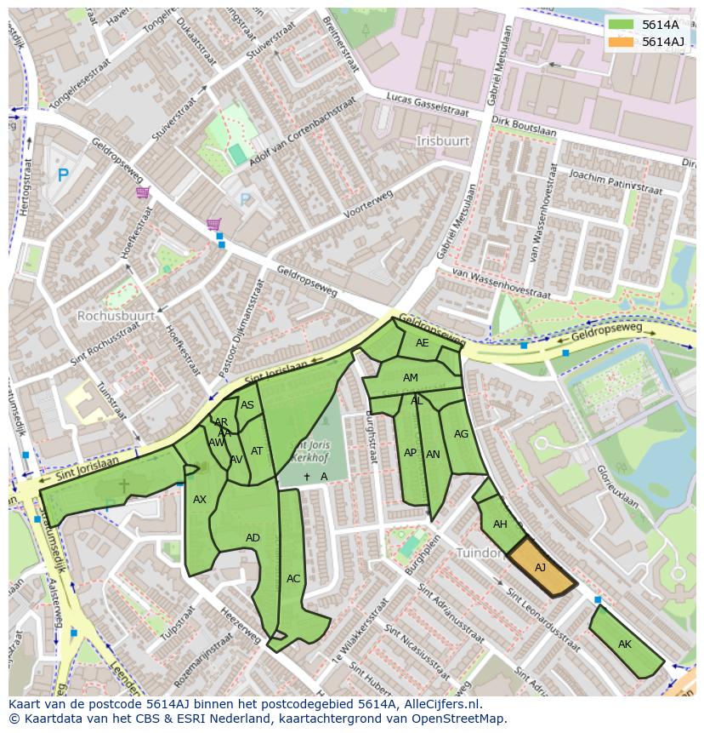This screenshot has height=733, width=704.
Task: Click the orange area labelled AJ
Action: (x=541, y=568)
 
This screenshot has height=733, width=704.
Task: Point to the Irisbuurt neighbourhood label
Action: (x=443, y=140)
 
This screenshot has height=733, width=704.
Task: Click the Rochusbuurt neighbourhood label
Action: (x=116, y=315)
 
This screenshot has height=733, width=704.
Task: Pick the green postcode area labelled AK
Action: (x=625, y=644)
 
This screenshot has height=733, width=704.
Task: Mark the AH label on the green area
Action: (x=500, y=524)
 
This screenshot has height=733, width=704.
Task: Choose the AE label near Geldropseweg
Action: (x=423, y=343)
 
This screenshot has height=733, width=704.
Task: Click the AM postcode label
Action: (x=411, y=378)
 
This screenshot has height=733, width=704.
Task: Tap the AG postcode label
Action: (x=461, y=433)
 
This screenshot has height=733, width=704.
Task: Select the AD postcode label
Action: (x=253, y=538)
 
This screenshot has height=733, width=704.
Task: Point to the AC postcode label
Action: (x=293, y=579)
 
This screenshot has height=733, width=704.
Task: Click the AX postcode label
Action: (x=200, y=500)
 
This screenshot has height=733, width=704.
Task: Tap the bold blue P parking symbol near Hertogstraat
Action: (x=62, y=175)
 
